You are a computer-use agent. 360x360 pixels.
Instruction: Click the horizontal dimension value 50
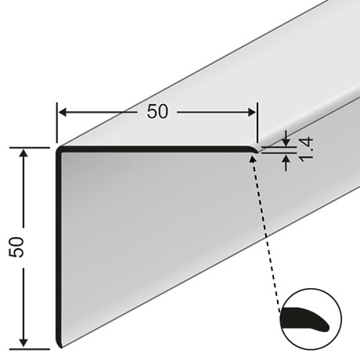coord(157,112)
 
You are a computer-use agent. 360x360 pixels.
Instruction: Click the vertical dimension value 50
coord(16,247)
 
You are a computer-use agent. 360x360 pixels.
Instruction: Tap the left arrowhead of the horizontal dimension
coord(63,113)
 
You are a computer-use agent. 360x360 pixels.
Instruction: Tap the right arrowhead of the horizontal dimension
coord(252,113)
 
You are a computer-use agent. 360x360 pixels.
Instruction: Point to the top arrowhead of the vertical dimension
coord(23,153)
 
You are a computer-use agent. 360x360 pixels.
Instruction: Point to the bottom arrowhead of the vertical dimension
coord(23,343)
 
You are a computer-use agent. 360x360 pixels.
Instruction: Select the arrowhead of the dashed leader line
coord(252,159)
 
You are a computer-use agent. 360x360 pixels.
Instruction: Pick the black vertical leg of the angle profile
coord(59,248)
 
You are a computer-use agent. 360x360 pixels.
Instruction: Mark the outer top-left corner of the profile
coord(57,147)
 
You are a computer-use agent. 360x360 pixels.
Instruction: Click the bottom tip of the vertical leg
coord(61,347)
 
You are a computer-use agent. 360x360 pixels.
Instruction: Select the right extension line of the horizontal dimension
coord(257,123)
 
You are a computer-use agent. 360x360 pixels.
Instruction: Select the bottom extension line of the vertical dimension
coord(30,349)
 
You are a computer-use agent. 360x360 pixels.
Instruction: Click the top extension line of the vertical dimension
coord(30,148)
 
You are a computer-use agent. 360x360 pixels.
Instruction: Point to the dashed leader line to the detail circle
coord(265,235)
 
